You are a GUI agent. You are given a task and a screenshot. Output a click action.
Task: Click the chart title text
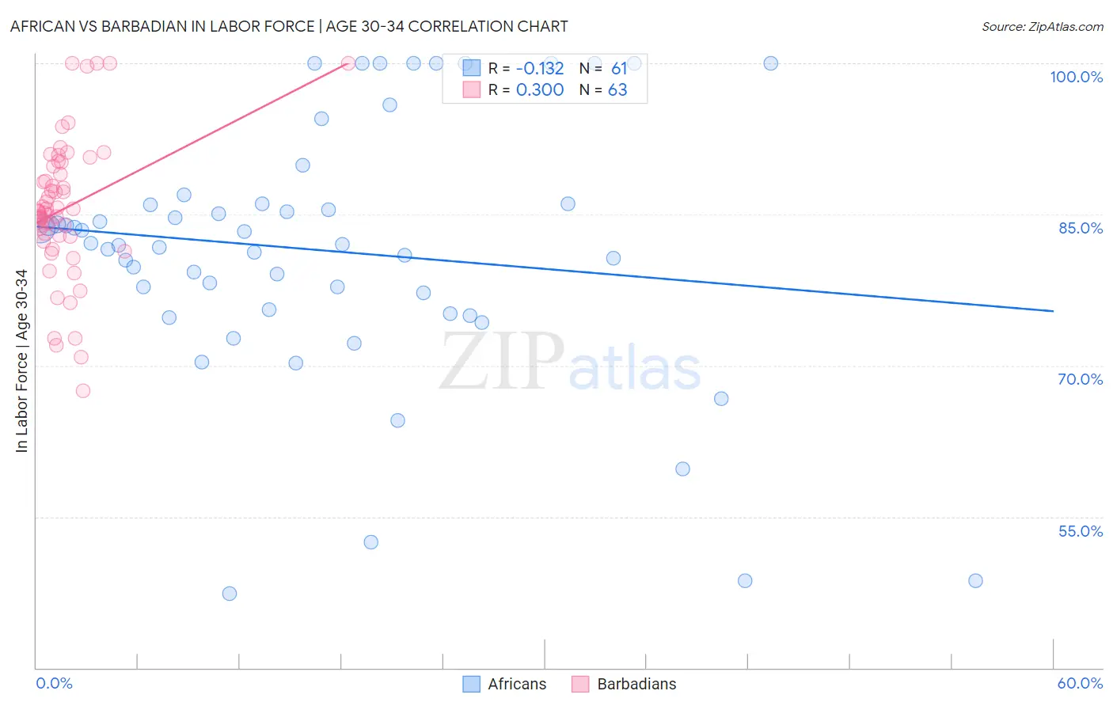289,26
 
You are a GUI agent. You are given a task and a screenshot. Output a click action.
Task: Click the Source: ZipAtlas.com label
1042,26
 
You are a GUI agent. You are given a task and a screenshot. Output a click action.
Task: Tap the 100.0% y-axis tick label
1076,77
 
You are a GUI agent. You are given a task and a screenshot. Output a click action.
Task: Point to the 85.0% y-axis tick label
1081,228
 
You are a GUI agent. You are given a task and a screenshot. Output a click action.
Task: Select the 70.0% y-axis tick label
1080,379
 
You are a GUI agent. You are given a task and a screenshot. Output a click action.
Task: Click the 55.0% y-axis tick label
1080,531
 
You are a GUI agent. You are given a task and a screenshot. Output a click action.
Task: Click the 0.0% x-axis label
54,683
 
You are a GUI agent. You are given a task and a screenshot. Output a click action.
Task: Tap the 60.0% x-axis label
1080,683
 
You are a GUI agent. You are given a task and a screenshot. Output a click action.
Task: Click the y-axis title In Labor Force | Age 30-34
21,361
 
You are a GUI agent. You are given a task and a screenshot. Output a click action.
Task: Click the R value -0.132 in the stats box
540,69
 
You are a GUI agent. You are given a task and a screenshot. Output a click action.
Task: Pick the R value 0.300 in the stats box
540,90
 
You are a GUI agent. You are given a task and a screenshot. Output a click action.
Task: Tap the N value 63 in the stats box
617,90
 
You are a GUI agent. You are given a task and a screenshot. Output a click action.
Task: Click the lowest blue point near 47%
230,594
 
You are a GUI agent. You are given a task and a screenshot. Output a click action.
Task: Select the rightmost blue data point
975,581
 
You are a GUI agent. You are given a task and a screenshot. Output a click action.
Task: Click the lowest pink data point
83,391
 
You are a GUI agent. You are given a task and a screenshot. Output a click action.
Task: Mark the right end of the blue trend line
1053,311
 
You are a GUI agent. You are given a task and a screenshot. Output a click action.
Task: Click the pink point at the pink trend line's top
348,63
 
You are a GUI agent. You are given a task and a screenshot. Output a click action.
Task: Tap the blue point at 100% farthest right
770,63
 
